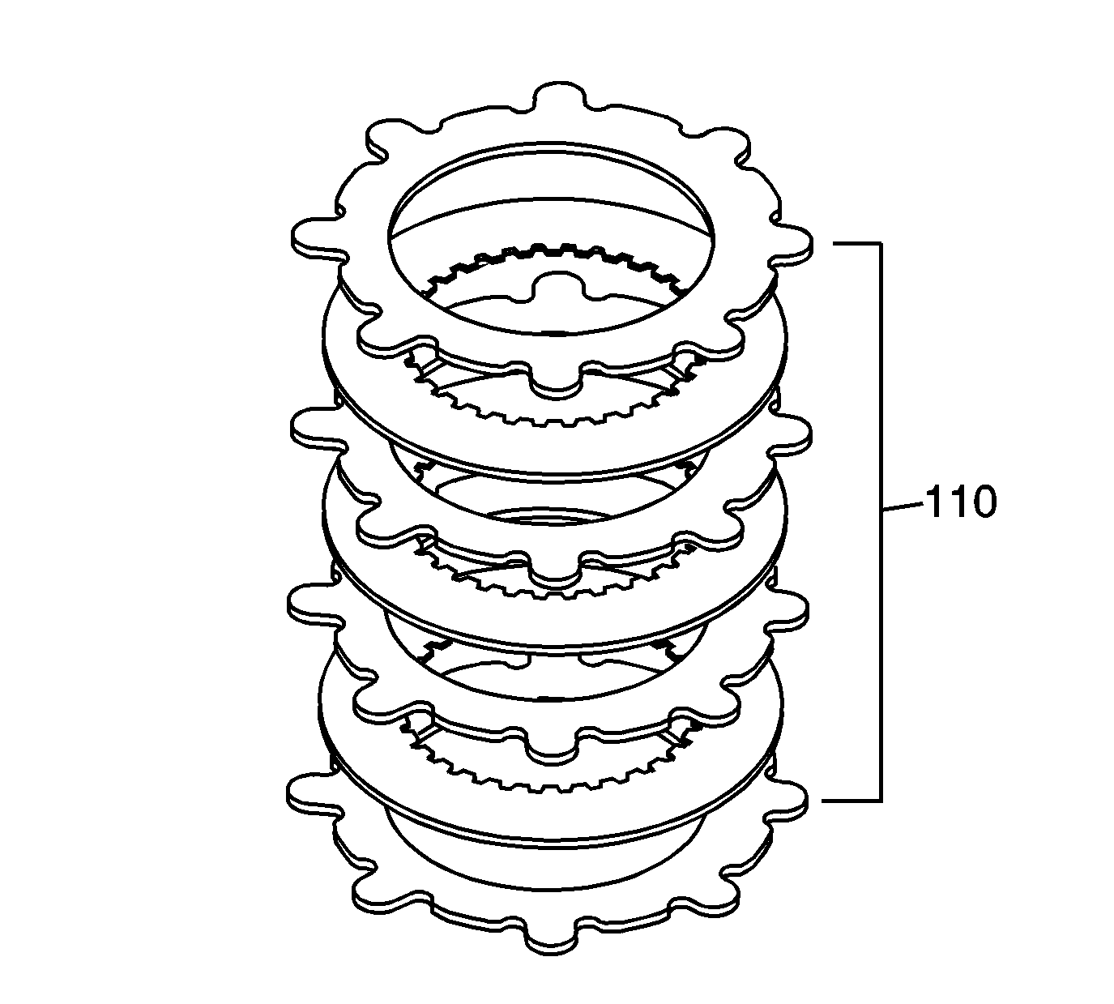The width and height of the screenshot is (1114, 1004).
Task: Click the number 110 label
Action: click(960, 502)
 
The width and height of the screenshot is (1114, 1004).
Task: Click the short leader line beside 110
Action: click(901, 507)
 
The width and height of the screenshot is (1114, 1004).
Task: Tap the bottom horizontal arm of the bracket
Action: click(851, 800)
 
